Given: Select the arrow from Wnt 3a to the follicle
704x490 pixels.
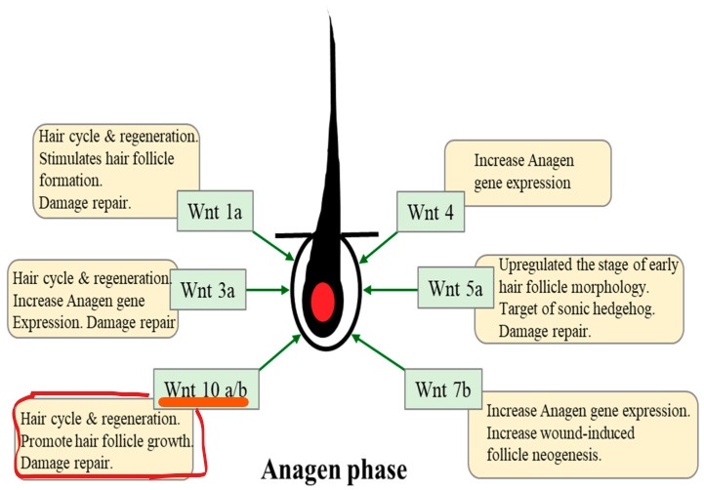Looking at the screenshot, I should click(x=269, y=289).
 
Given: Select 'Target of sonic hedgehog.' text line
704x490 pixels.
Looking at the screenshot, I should click(x=569, y=311).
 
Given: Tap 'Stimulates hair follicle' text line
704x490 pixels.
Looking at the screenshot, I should click(x=115, y=159).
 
